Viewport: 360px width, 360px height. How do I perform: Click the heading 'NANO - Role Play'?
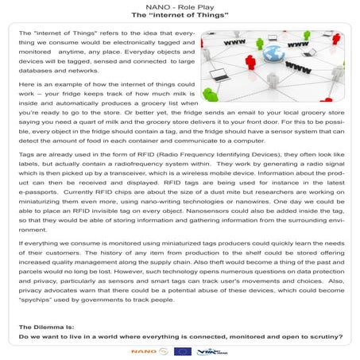[x=180, y=6]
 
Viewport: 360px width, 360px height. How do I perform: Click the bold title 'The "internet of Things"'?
[x=180, y=15]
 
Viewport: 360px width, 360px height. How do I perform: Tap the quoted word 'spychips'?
[x=41, y=301]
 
